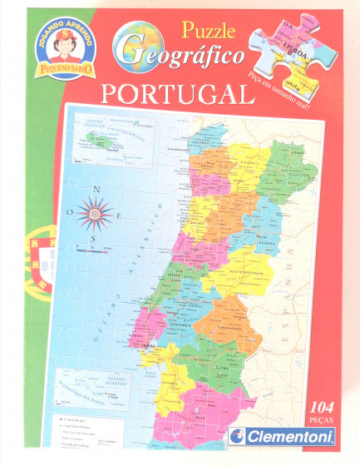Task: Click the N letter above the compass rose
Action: (x=97, y=190)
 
